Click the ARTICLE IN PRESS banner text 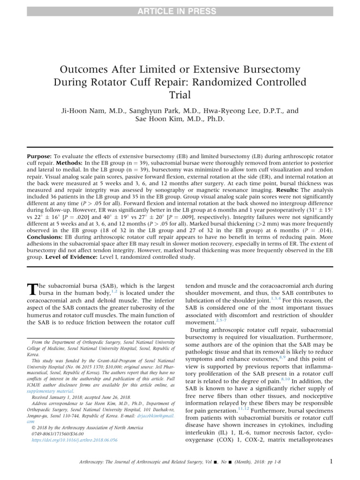point(180,11)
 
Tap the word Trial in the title point(180,96)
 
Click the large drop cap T point(32,289)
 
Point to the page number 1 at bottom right point(331,461)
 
